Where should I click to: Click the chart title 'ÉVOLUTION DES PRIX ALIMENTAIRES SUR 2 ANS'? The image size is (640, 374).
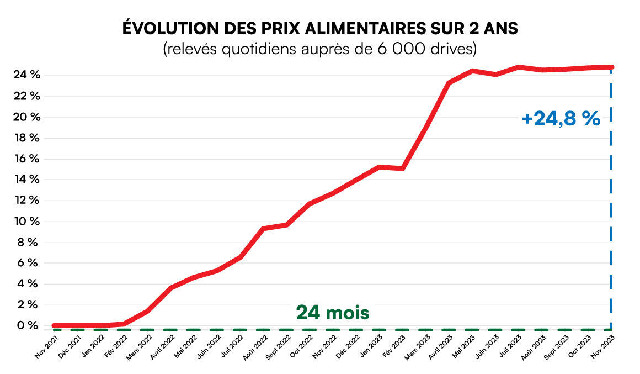coord(320,29)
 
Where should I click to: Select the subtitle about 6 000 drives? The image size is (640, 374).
coord(320,49)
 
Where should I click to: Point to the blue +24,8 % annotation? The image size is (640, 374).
coord(561,119)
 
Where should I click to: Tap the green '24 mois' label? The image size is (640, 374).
coord(333,313)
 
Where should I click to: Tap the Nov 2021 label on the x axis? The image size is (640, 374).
coord(46,347)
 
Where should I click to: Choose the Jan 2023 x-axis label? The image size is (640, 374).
coord(372,347)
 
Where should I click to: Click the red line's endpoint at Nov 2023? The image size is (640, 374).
coord(611,67)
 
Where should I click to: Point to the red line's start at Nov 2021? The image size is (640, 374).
coord(54,326)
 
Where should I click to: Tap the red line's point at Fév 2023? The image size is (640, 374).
coord(403,168)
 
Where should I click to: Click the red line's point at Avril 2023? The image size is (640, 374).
coord(449,83)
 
